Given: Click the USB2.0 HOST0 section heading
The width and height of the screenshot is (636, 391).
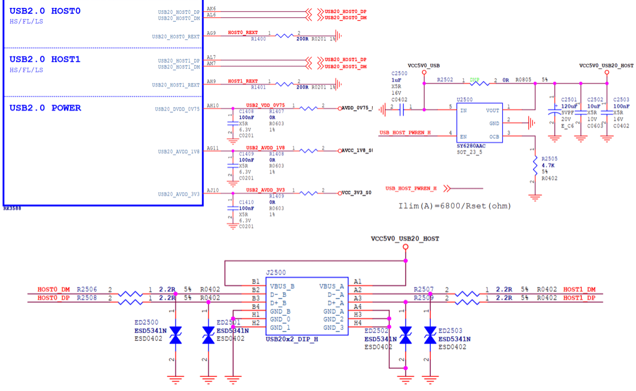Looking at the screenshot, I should [45, 11].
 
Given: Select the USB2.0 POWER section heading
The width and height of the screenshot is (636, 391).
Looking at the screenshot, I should [45, 108].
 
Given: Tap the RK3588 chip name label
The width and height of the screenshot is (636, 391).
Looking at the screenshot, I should [12, 209].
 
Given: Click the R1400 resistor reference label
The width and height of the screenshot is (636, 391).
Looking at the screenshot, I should [258, 39].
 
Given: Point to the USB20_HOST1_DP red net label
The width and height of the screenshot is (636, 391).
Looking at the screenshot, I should [345, 59].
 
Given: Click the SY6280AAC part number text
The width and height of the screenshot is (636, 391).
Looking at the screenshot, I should [471, 146].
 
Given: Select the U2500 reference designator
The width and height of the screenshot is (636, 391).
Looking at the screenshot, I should [465, 100].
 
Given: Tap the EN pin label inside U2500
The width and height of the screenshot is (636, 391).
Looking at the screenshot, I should [463, 137].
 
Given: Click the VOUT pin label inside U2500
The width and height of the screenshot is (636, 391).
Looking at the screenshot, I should [492, 111].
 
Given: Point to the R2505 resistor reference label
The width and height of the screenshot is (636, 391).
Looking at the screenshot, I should [549, 159].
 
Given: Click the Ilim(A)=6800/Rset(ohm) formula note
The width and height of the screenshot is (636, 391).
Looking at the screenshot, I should [455, 206].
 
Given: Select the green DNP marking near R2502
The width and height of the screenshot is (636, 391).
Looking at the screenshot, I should [475, 80].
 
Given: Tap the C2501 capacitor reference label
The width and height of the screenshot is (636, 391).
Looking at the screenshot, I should [569, 100].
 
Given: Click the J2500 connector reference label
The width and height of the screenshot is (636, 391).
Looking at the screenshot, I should [276, 273].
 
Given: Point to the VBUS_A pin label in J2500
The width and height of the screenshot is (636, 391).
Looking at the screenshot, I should [331, 286].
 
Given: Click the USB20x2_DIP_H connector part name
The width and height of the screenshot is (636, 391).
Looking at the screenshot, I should [292, 339].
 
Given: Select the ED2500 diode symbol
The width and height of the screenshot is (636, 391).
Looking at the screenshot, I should [175, 335].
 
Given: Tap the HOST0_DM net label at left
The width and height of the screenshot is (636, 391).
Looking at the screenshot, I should [53, 289].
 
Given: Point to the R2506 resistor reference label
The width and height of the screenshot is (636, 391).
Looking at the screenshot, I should [87, 289].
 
